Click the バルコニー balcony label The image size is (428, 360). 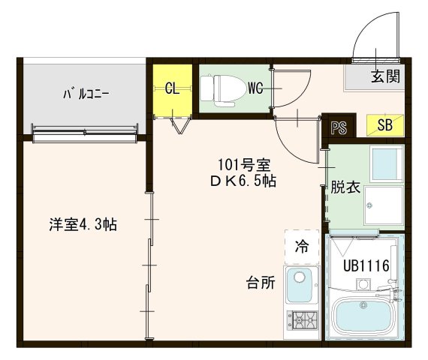(x=86, y=94)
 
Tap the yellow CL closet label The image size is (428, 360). (x=172, y=88)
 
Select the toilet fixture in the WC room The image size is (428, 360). (x=222, y=88)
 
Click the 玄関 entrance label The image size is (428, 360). (x=384, y=75)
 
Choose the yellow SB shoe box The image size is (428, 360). (x=384, y=125)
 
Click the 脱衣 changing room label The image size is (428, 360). (x=345, y=187)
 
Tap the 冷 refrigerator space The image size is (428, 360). (x=301, y=245)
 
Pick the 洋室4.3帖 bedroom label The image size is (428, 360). (x=83, y=223)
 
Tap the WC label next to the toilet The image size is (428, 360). (x=255, y=89)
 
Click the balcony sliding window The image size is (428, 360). (x=85, y=133)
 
